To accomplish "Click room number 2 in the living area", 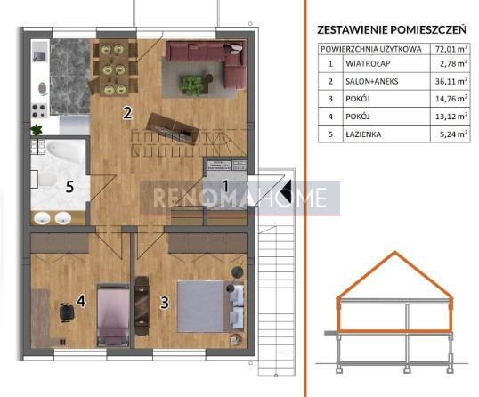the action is [x=127, y=112].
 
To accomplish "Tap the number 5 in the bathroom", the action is [x=69, y=187].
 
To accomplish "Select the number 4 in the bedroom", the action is [x=81, y=301].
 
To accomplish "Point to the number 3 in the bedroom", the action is [x=165, y=303].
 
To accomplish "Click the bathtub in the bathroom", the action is [x=65, y=152].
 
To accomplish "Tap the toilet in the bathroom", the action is [x=45, y=179].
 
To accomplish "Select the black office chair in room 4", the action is [x=67, y=312].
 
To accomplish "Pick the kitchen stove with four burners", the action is [x=40, y=111].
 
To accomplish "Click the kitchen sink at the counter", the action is [x=40, y=56].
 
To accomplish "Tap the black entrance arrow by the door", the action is [x=286, y=189].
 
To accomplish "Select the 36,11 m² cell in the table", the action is [x=451, y=81].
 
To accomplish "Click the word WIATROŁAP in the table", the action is [x=368, y=63].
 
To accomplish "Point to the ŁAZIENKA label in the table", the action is [x=363, y=134].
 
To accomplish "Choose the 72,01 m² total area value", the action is [x=451, y=49].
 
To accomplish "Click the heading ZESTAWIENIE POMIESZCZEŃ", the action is [x=392, y=30].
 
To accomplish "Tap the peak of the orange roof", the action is [x=394, y=252].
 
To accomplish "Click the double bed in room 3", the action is [x=210, y=306].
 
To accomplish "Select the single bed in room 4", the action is [x=113, y=315].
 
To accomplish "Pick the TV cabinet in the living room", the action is [x=173, y=128].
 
